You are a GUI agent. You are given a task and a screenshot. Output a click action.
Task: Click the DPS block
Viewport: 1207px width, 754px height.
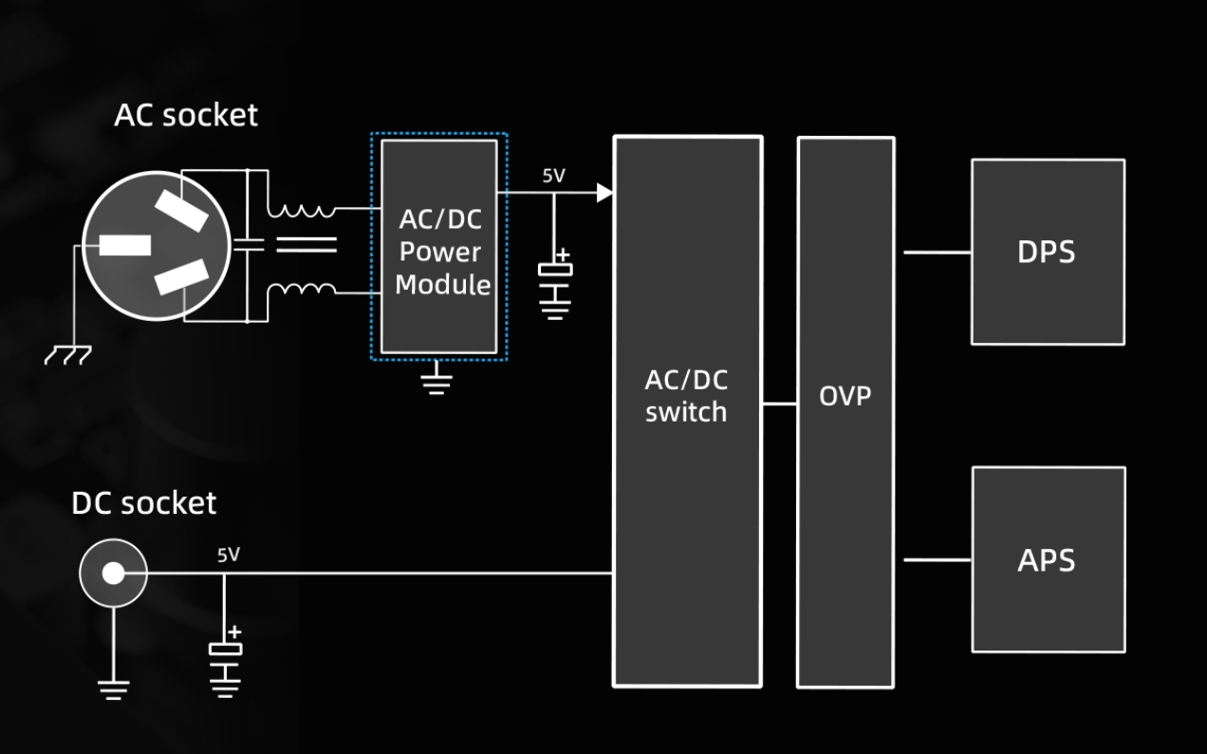[x=1048, y=252]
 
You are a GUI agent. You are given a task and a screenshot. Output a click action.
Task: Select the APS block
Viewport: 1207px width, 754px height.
[x=1048, y=559]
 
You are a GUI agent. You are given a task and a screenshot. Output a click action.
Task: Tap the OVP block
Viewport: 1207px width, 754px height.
[x=845, y=411]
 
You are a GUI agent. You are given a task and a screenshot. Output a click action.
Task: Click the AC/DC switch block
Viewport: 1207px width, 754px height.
[x=687, y=411]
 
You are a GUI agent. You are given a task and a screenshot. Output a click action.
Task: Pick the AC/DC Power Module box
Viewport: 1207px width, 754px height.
[x=439, y=248]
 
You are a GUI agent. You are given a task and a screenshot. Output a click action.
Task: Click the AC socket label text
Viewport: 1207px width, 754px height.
[x=185, y=115]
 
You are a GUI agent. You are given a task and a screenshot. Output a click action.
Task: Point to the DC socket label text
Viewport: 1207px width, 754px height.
[x=143, y=503]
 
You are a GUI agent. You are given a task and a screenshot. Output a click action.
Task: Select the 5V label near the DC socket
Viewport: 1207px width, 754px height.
[x=229, y=555]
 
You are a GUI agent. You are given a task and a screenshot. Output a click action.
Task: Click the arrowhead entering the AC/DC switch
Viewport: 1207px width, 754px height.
[x=603, y=193]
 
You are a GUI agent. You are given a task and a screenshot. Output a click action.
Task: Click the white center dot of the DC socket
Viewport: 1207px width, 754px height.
[x=113, y=573]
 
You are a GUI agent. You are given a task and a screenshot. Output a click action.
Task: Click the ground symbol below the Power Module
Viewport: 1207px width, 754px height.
[x=436, y=380]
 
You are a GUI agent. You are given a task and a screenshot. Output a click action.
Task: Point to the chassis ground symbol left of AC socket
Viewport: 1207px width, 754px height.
[x=68, y=354]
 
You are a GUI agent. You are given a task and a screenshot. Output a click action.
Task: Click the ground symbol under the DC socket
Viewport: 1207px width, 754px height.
[x=113, y=688]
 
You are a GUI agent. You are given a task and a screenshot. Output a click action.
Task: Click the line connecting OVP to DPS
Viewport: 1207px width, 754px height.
[x=936, y=253]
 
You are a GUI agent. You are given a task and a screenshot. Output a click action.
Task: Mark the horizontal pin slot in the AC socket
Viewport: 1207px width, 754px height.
[x=125, y=244]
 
